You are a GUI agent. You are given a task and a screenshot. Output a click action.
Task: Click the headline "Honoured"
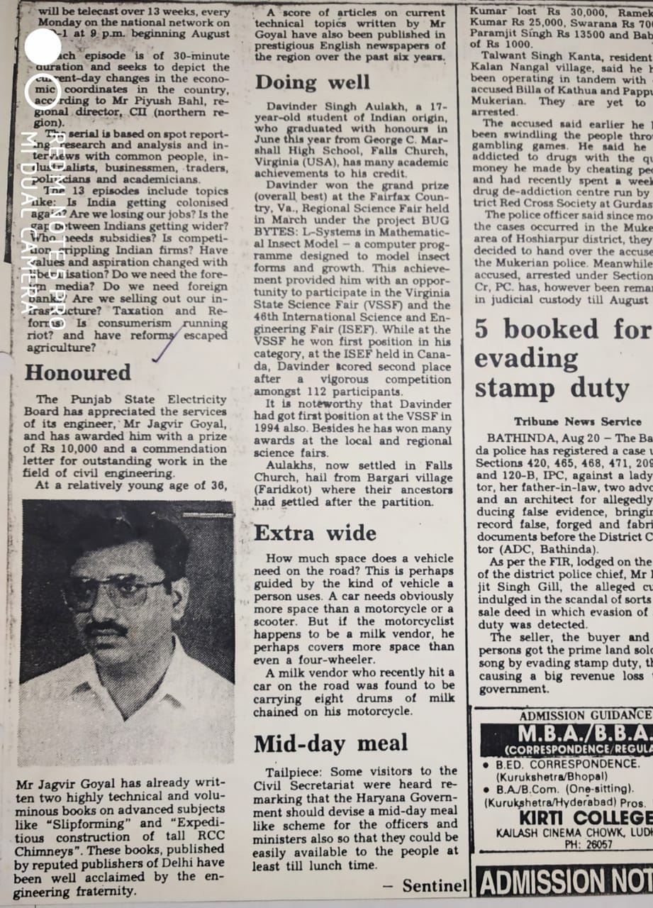click(x=78, y=373)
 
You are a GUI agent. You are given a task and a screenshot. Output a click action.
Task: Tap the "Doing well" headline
click(x=313, y=82)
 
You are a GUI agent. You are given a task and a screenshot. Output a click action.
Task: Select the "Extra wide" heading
click(x=316, y=533)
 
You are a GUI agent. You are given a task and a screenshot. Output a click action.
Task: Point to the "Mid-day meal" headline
click(x=331, y=743)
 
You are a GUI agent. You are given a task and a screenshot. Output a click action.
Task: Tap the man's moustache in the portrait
click(x=106, y=629)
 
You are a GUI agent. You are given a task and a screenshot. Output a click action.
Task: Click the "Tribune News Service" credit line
click(x=578, y=421)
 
